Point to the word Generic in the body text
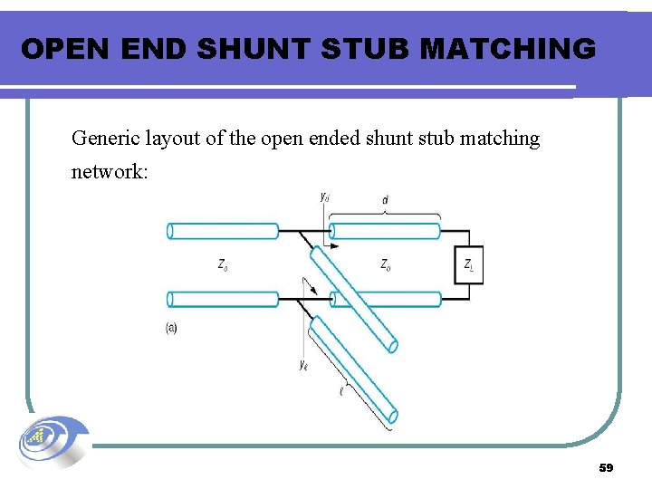pyautogui.click(x=105, y=139)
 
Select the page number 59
pyautogui.click(x=606, y=468)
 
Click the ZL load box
pyautogui.click(x=470, y=264)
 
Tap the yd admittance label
pyautogui.click(x=325, y=195)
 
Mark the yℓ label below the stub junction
pyautogui.click(x=303, y=365)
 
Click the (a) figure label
pyautogui.click(x=171, y=328)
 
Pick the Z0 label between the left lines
pyautogui.click(x=223, y=264)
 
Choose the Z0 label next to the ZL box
pyautogui.click(x=387, y=264)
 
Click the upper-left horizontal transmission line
pyautogui.click(x=223, y=231)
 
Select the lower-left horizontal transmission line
pyautogui.click(x=223, y=299)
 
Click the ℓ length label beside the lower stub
pyautogui.click(x=341, y=391)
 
